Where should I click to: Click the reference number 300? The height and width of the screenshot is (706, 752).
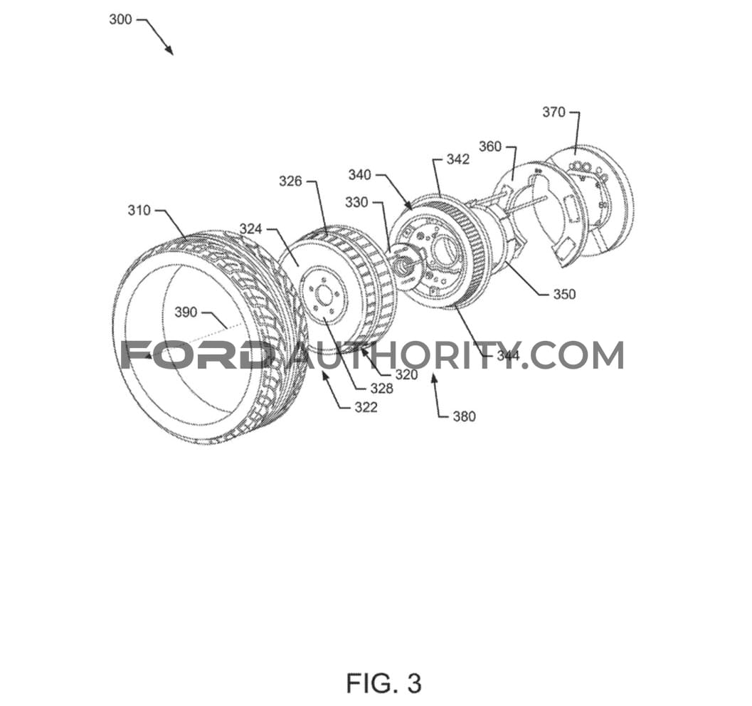(120, 20)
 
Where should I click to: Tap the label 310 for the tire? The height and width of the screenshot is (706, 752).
(139, 210)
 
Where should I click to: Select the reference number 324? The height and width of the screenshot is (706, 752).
(251, 228)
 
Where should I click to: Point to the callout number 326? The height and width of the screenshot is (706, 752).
(291, 181)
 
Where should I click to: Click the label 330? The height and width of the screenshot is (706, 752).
(357, 202)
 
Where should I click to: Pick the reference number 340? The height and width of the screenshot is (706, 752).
(360, 174)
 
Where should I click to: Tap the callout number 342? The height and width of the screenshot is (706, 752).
(458, 159)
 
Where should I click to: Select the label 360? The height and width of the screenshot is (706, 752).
(490, 147)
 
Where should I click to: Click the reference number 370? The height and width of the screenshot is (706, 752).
(554, 112)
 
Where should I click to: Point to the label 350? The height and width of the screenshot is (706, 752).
(564, 294)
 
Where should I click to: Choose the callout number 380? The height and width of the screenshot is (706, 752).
(465, 416)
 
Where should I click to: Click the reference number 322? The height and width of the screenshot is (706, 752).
(366, 407)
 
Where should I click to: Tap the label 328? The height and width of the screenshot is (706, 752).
(382, 389)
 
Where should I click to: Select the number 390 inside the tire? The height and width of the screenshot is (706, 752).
(186, 312)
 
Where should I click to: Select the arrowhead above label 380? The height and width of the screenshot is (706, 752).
(434, 379)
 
